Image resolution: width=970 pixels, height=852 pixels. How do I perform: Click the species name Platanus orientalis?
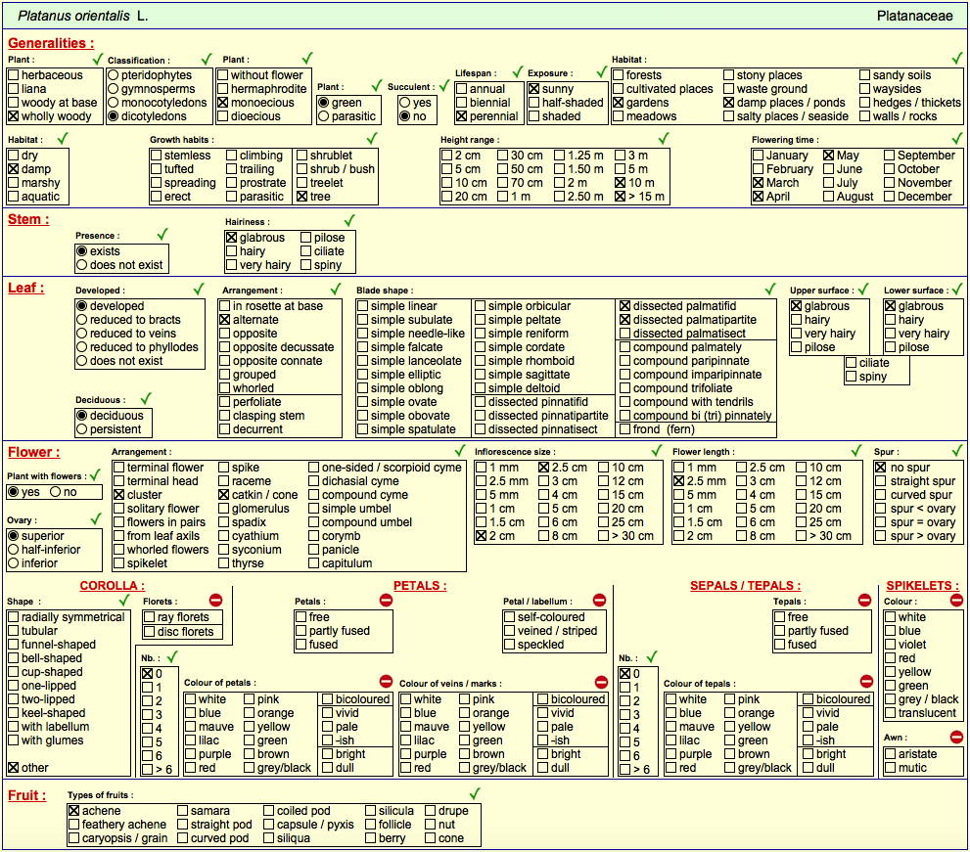coord(73,16)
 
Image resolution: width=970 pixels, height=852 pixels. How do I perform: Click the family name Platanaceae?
coord(914,16)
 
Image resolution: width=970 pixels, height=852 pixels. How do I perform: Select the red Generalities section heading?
coord(51,43)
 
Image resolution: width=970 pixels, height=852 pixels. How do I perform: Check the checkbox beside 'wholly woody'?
coord(13,116)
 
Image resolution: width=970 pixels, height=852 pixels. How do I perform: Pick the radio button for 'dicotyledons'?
coord(114,116)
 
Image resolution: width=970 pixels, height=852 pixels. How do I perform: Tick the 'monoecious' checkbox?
coord(223,103)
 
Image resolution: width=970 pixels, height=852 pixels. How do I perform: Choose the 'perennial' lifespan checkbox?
coord(461,116)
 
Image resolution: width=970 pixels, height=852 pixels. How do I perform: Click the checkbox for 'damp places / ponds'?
coord(729,103)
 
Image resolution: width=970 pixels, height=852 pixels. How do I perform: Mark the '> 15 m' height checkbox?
coord(621,197)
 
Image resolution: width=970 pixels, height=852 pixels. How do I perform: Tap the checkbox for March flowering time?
coord(759,183)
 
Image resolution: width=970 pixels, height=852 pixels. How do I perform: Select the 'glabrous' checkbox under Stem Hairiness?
coord(231,238)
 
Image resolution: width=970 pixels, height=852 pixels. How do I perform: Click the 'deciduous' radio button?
coord(81,416)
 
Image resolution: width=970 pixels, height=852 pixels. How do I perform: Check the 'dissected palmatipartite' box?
coord(624,320)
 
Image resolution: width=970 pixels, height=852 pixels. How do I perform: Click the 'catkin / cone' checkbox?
coord(224,495)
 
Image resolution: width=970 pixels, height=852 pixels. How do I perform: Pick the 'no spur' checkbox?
coord(881,468)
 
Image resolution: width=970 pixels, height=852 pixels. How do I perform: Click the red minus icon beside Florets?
coord(215,600)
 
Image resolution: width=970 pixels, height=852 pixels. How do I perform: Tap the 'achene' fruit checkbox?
coord(74,811)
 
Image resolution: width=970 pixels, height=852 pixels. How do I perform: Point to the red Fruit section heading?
coord(27,795)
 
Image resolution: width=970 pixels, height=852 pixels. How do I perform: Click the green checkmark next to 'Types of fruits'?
coord(475,793)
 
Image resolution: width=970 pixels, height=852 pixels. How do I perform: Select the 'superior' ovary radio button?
coord(13,536)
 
